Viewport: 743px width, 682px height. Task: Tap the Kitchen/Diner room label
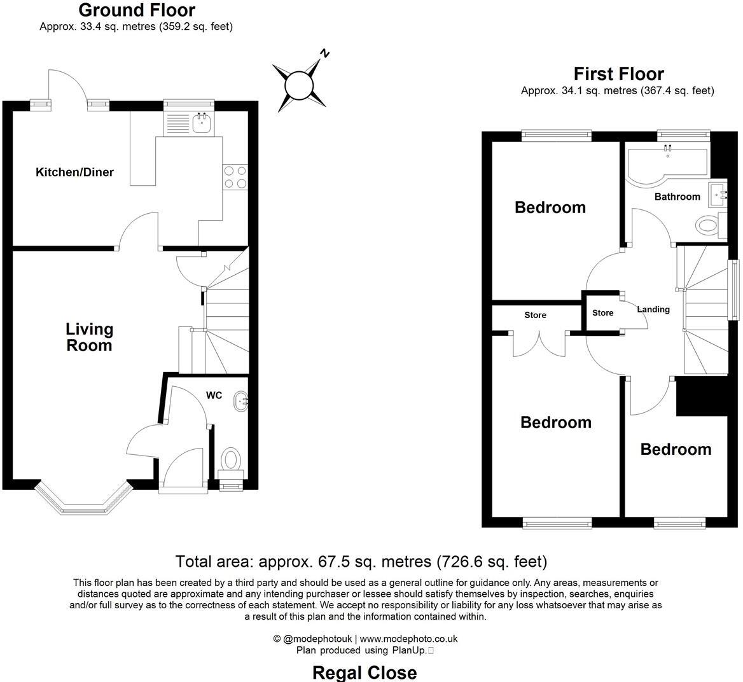[74, 172]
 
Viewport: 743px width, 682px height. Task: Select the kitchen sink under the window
[202, 123]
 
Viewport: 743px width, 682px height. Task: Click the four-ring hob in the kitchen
[234, 177]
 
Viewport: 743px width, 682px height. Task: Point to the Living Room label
[90, 337]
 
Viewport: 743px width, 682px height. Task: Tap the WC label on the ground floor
[214, 396]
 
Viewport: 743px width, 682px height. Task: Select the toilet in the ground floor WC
[230, 459]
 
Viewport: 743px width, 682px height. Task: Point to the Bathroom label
[677, 197]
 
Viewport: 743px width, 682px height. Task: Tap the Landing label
[653, 310]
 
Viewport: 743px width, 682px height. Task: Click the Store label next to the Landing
[602, 313]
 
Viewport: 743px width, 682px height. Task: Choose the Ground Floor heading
[136, 10]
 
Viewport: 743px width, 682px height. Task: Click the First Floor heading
[618, 74]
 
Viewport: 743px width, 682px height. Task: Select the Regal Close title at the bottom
[365, 672]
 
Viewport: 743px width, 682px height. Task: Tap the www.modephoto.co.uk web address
[408, 639]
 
